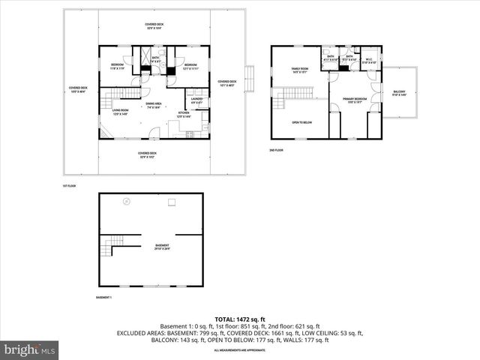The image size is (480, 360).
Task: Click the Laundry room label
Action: tap(197, 100)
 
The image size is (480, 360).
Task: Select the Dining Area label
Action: tap(154, 106)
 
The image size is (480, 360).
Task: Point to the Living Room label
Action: tap(121, 113)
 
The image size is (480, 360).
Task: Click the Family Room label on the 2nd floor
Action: tap(300, 71)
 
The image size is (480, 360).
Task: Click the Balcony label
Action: tap(398, 93)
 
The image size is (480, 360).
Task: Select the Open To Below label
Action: tap(301, 122)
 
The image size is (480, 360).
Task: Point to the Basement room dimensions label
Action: tap(162, 248)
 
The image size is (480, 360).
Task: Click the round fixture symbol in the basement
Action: tap(126, 200)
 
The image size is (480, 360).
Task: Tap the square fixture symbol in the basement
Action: tap(172, 201)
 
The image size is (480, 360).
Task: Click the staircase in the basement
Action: tap(113, 244)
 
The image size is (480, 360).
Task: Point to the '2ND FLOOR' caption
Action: tap(277, 150)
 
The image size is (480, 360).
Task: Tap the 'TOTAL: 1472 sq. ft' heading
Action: tap(240, 319)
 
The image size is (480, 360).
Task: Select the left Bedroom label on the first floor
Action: tap(117, 65)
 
